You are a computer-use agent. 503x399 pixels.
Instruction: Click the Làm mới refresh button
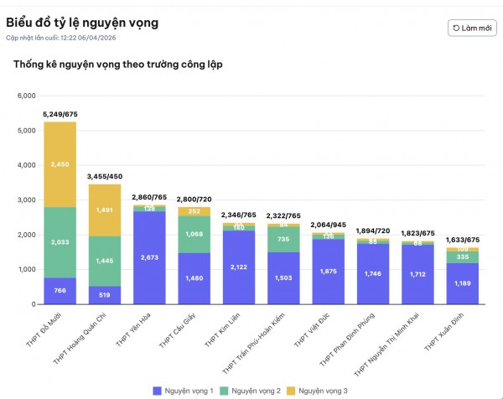pyautogui.click(x=471, y=28)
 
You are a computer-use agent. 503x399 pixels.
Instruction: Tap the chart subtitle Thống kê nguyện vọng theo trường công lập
pyautogui.click(x=117, y=64)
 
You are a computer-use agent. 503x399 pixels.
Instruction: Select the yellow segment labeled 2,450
pyautogui.click(x=60, y=164)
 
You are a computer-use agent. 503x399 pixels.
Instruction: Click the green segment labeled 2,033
pyautogui.click(x=60, y=242)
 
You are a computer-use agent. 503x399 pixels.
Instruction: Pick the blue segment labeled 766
pyautogui.click(x=60, y=290)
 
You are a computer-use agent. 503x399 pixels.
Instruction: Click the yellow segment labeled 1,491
pyautogui.click(x=105, y=210)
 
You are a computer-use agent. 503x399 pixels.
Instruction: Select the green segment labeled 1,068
pyautogui.click(x=194, y=235)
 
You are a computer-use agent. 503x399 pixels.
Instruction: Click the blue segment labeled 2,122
pyautogui.click(x=238, y=267)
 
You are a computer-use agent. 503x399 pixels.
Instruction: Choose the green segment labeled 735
pyautogui.click(x=283, y=239)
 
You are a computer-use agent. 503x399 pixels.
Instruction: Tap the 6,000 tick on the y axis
pyautogui.click(x=24, y=96)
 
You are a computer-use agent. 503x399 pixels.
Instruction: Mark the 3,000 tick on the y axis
pyautogui.click(x=24, y=200)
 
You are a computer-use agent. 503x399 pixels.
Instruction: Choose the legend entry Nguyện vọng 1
pyautogui.click(x=185, y=391)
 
